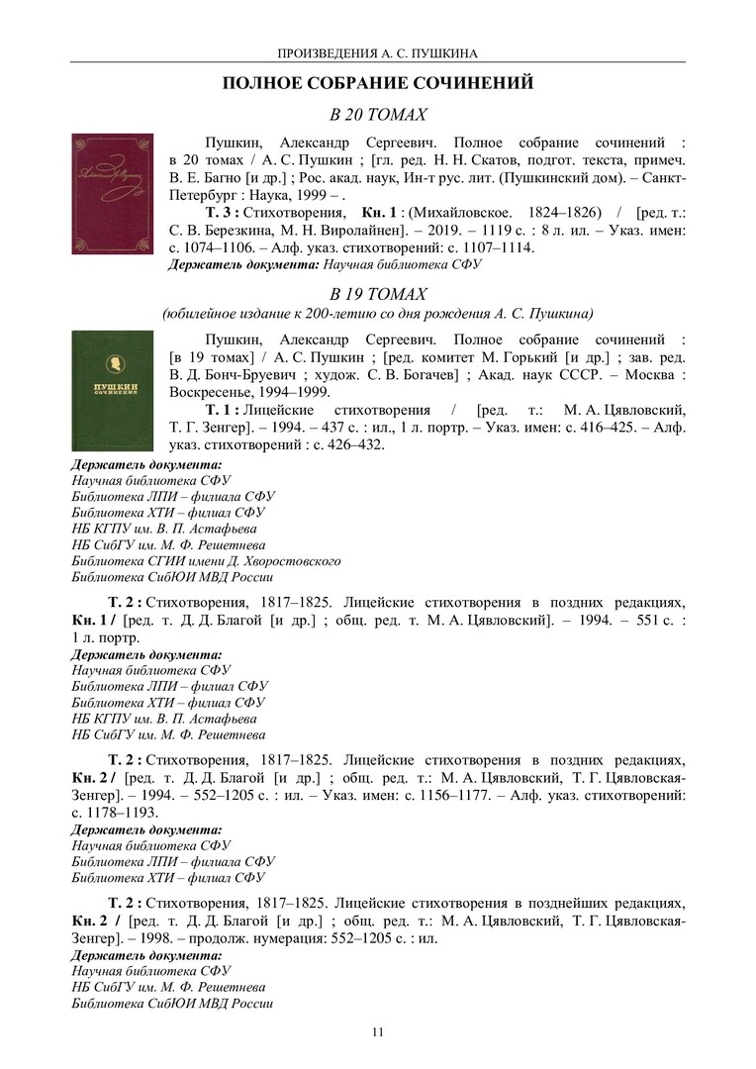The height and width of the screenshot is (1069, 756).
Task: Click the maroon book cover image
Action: click(112, 193)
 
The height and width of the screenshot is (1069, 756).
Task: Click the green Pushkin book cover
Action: click(112, 391)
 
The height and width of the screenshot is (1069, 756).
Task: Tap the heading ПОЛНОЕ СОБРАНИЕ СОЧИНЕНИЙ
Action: click(377, 83)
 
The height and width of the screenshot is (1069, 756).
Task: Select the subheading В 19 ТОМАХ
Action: click(377, 294)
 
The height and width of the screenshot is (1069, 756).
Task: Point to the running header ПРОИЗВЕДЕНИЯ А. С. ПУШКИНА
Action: click(377, 52)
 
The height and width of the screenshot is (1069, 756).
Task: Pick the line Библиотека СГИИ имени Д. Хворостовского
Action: click(206, 560)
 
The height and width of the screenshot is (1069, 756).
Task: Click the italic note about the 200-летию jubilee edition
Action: click(377, 313)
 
